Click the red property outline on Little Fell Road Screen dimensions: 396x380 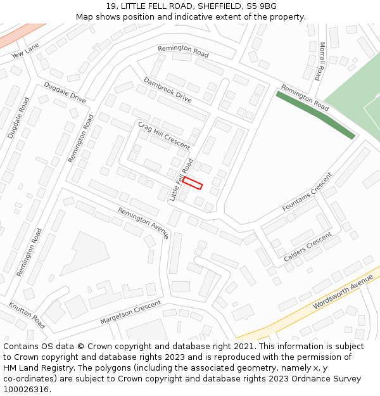192,183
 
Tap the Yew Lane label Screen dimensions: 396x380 25,49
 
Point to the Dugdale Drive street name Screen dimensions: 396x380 65,93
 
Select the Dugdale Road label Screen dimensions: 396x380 18,118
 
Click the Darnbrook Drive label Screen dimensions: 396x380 167,89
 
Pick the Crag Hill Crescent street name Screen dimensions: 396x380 163,135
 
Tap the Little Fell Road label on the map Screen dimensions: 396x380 181,181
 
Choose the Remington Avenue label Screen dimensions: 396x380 143,223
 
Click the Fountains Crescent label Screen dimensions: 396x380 307,192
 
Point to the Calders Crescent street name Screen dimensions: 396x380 308,247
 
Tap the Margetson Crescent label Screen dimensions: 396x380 130,313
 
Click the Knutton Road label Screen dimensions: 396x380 27,315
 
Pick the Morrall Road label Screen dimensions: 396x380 322,61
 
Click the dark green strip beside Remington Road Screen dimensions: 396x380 315,114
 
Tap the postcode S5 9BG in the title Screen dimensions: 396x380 262,6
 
